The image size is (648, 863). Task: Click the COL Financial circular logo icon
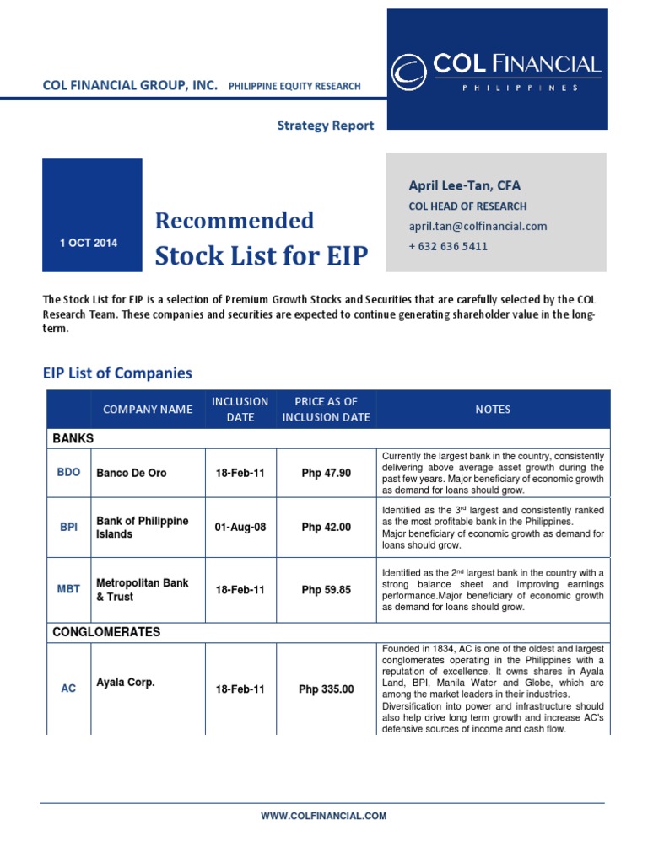tap(410, 72)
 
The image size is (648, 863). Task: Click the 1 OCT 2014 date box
tap(89, 243)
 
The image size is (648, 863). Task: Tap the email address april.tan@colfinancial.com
tap(478, 226)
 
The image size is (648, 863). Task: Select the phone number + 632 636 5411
tap(448, 246)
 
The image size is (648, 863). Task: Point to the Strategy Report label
tap(326, 125)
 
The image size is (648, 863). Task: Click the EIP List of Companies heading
tap(117, 373)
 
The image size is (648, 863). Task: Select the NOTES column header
tap(493, 410)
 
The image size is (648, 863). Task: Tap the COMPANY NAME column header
tap(148, 410)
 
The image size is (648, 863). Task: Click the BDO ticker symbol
tap(68, 473)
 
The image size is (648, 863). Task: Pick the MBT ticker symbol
tap(68, 590)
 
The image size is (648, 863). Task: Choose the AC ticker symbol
tap(68, 689)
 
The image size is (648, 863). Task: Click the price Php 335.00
tap(326, 689)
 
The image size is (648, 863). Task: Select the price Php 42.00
tap(326, 528)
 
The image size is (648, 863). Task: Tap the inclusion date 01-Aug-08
tap(240, 528)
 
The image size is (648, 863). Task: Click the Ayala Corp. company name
tap(126, 683)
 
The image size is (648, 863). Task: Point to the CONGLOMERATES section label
tap(106, 632)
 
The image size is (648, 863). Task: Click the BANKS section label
tap(73, 439)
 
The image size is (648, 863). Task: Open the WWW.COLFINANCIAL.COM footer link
tap(324, 816)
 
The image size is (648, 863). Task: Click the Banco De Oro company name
tap(132, 473)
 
